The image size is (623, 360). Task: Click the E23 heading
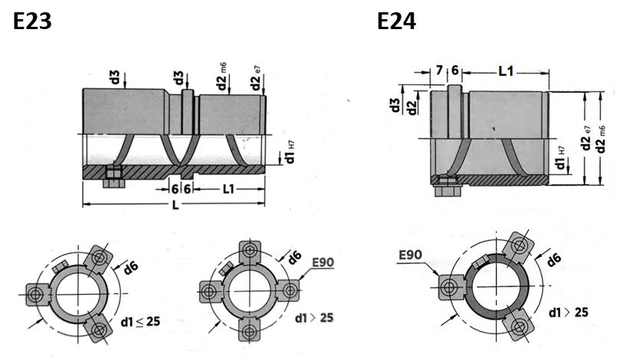pos(32,21)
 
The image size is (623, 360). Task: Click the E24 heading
pos(396,21)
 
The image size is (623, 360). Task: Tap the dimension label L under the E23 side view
pos(175,205)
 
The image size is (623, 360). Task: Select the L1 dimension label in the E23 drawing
pos(228,188)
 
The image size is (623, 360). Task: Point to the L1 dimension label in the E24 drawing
pos(507,71)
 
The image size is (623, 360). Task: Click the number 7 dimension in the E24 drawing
pos(439,70)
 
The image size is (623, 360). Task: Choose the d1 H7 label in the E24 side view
pos(560,157)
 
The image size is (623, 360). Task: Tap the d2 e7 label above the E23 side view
pos(256,78)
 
